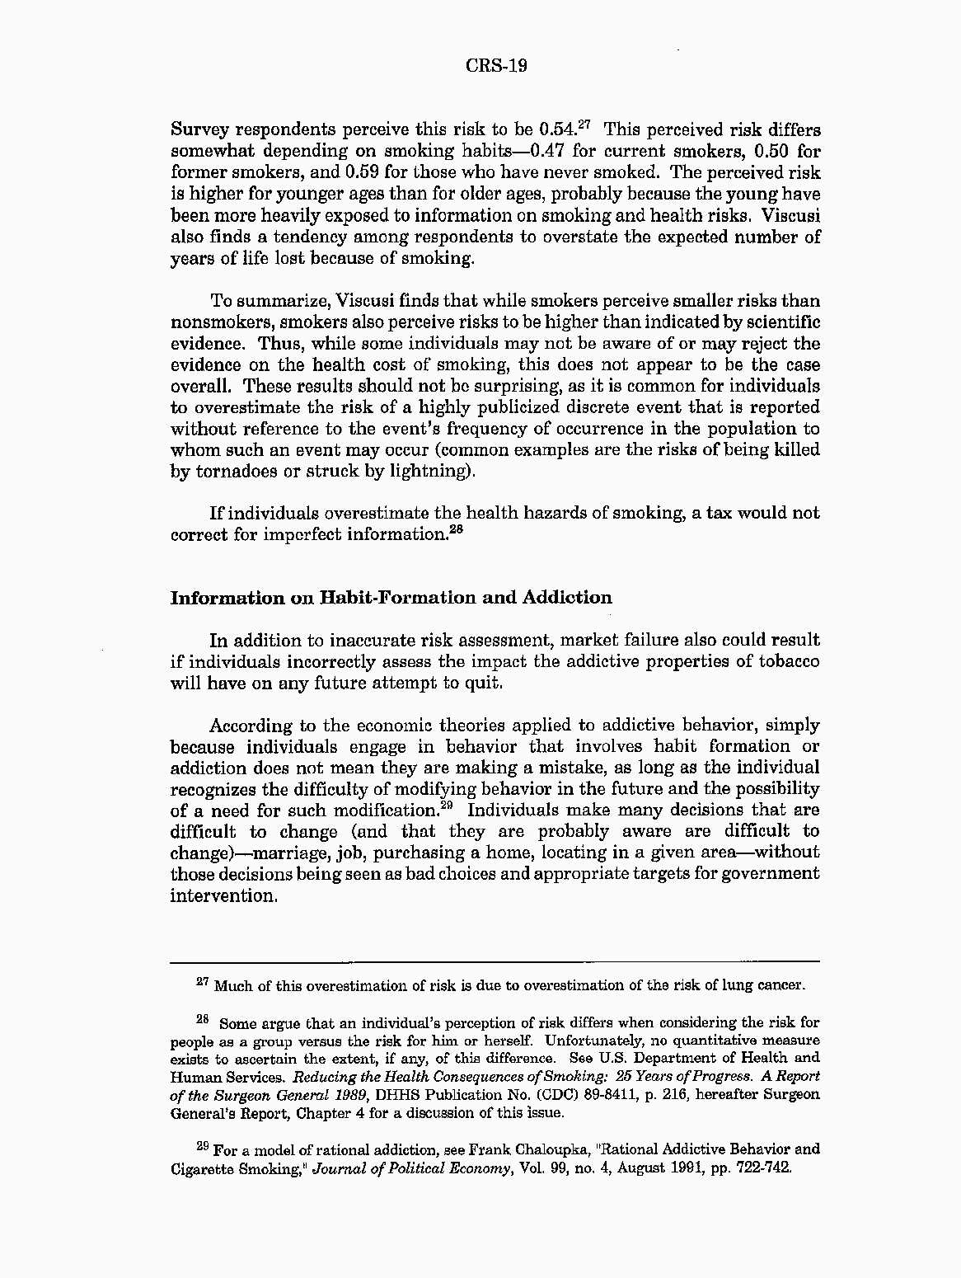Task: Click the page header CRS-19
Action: [496, 66]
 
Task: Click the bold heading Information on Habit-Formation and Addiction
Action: [391, 598]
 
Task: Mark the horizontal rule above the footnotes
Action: [495, 961]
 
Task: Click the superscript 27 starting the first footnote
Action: [203, 982]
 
